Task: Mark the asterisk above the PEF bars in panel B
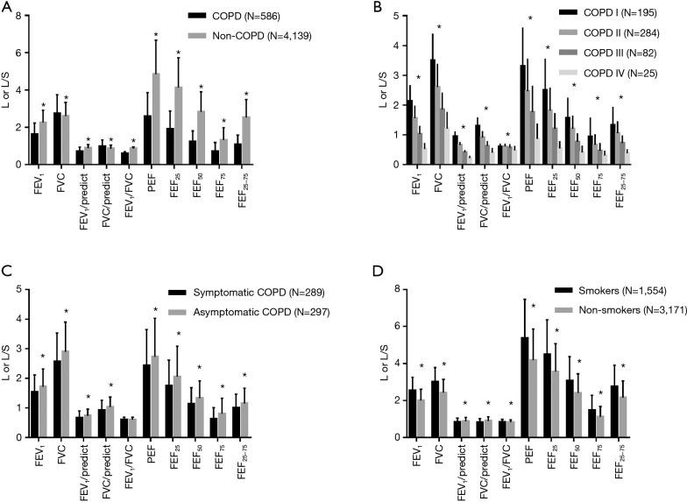point(529,18)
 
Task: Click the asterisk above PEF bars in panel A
point(156,36)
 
